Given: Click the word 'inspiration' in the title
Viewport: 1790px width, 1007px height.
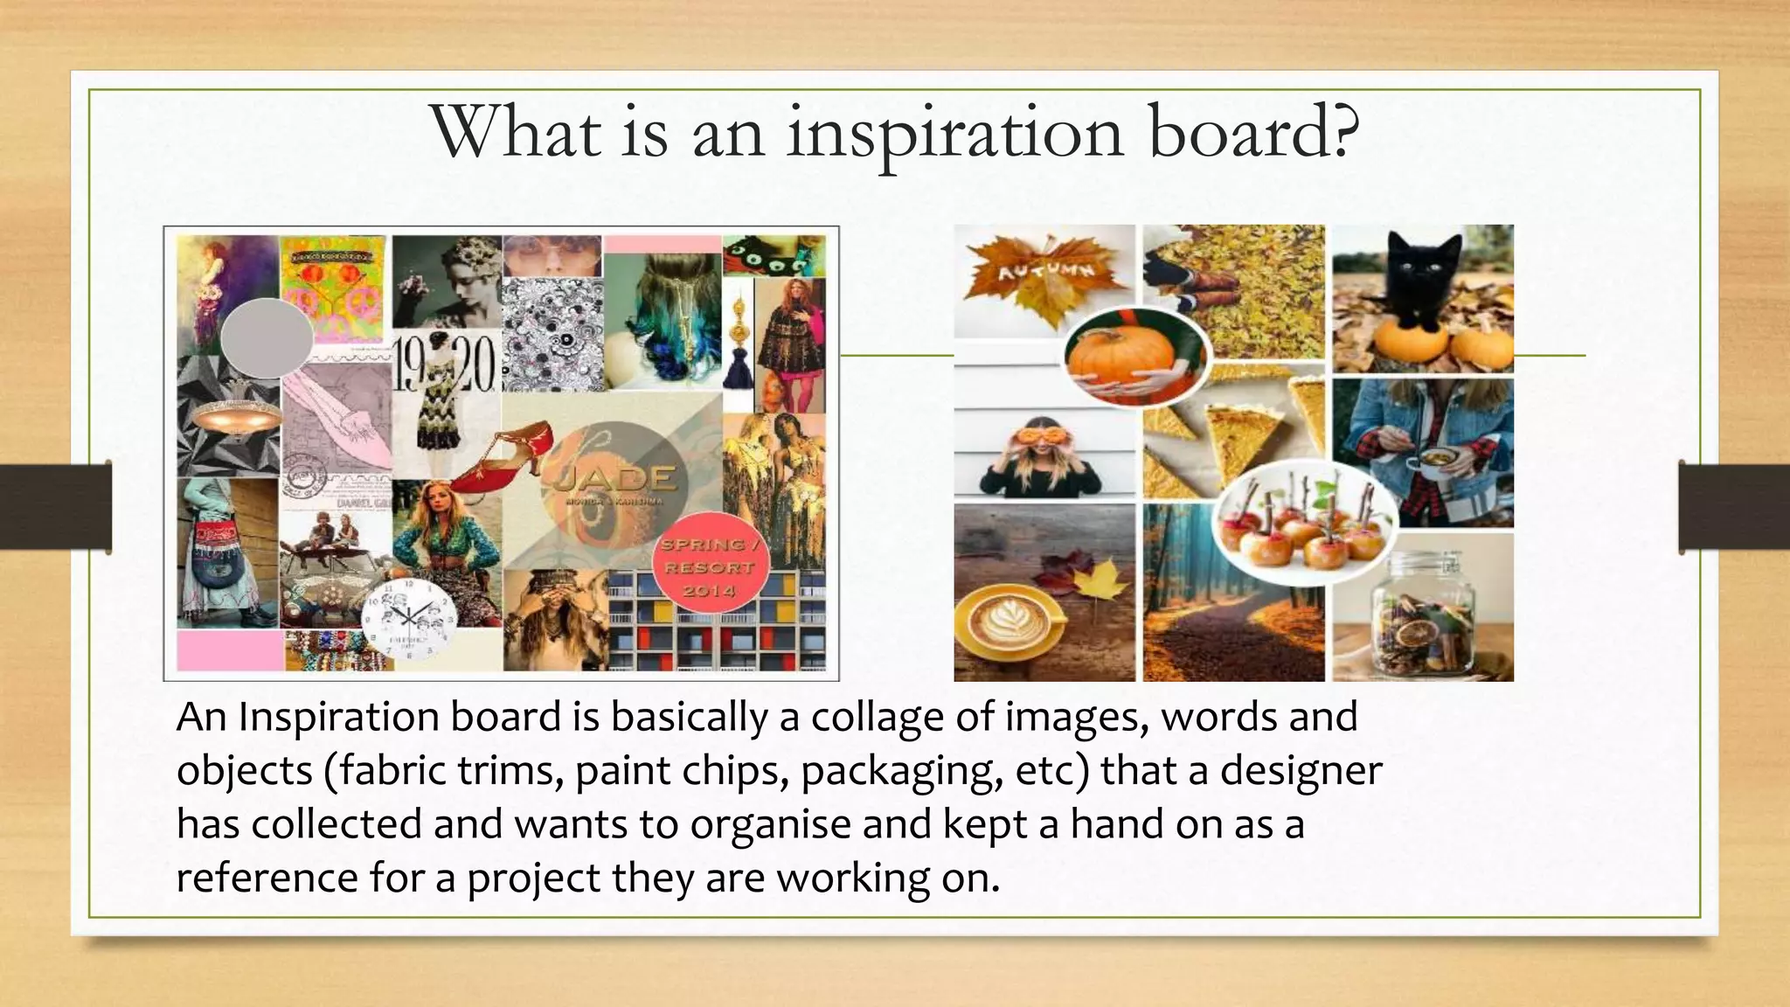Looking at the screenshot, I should (x=954, y=134).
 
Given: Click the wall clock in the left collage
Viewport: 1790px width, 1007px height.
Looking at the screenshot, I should (x=409, y=617).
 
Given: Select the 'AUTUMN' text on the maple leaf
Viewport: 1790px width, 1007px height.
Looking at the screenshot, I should (x=1045, y=270).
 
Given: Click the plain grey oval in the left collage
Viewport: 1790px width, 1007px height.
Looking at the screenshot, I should (x=267, y=337).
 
